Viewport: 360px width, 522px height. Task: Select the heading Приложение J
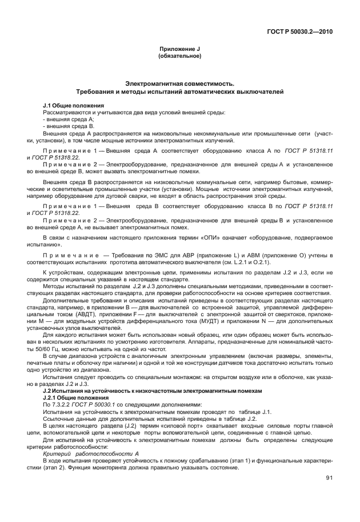pyautogui.click(x=180, y=50)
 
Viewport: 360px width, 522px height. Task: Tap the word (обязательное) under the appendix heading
pyautogui.click(x=180, y=57)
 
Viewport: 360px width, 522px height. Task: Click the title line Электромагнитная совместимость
pyautogui.click(x=180, y=83)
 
